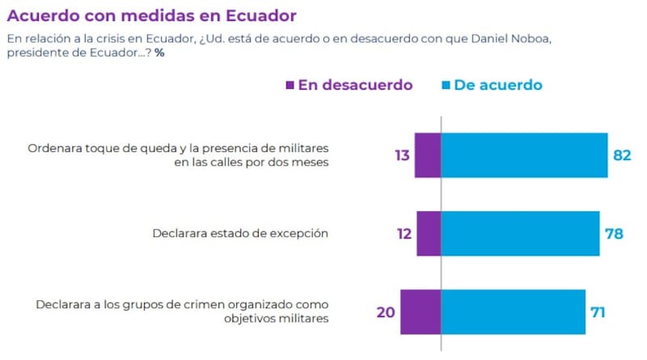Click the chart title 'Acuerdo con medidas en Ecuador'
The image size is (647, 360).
(x=151, y=15)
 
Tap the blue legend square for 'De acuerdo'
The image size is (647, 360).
(x=445, y=85)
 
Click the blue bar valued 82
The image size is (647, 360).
(x=524, y=155)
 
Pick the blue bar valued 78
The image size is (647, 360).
(x=520, y=234)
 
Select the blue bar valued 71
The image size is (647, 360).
(x=513, y=311)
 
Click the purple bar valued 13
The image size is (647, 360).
(x=428, y=155)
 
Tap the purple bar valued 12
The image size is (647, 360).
(x=429, y=234)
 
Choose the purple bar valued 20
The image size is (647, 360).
(x=421, y=311)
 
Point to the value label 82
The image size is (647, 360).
(x=621, y=155)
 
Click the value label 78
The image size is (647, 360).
(x=613, y=234)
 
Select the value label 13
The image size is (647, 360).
(x=403, y=155)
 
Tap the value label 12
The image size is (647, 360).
(x=404, y=234)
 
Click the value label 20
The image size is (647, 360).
(x=386, y=311)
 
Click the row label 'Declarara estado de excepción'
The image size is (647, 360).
(x=239, y=234)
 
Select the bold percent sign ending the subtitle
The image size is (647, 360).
(x=160, y=53)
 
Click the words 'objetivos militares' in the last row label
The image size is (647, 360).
(x=276, y=319)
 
